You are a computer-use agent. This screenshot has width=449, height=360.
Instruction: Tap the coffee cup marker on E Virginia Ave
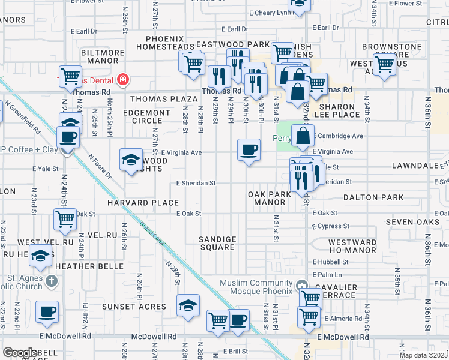click(248, 150)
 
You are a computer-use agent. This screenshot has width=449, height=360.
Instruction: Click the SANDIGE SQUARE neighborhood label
click(217, 243)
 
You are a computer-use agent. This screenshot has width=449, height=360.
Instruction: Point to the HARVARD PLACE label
click(143, 203)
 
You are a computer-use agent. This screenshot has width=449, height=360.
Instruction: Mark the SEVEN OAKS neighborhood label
click(408, 222)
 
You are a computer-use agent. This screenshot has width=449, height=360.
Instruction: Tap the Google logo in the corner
click(20, 353)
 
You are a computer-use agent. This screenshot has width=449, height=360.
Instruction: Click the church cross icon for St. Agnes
click(52, 281)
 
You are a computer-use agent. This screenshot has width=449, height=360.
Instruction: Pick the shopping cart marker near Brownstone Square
click(384, 64)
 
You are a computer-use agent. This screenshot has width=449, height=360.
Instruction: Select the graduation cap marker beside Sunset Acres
click(188, 305)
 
